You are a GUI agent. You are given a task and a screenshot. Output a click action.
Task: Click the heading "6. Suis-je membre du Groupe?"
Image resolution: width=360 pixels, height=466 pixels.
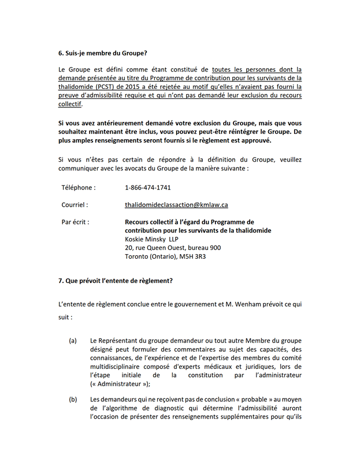coord(99,53)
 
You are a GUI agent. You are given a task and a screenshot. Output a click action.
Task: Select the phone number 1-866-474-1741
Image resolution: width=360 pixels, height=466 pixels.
coord(147,188)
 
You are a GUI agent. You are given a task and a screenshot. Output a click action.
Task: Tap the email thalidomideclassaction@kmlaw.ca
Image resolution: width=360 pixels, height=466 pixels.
coord(176,204)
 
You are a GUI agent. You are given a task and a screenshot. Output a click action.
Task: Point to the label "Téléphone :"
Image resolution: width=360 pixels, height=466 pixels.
coord(79,188)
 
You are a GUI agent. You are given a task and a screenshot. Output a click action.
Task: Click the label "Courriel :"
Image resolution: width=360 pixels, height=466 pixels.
coord(75,204)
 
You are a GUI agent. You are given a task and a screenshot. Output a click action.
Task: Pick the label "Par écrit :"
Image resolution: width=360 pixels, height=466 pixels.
coord(75,221)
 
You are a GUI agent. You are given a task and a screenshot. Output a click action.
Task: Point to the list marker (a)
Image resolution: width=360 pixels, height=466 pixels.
coord(73,341)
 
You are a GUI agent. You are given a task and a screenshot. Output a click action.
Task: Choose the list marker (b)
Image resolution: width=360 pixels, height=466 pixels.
coord(73,399)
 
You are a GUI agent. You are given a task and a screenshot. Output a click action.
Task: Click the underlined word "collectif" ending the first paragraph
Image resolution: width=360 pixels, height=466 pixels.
coord(69,105)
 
